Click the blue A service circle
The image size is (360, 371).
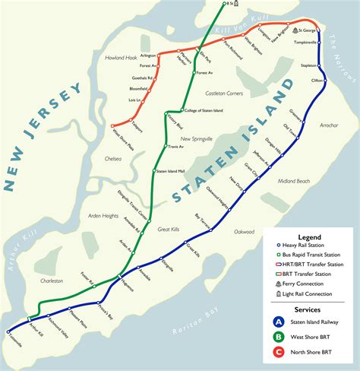[279, 322]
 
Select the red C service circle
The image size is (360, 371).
[279, 352]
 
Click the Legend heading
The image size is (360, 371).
[308, 237]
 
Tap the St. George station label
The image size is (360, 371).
[307, 30]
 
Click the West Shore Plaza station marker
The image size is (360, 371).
[111, 125]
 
